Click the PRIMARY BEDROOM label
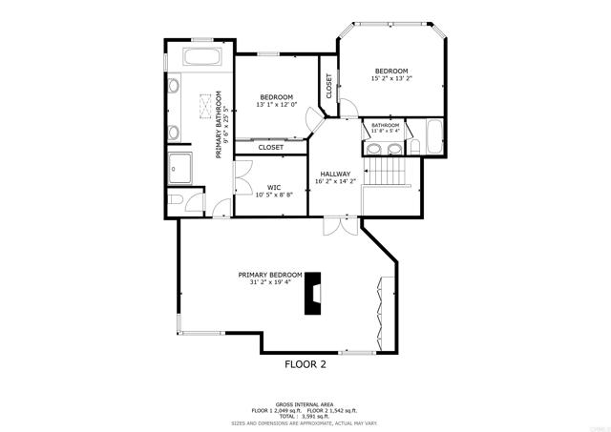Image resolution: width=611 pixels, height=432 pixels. [270, 275]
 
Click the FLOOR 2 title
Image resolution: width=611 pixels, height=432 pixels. [305, 364]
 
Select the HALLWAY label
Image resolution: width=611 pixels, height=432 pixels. [335, 174]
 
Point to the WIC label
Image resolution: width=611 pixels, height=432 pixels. [273, 187]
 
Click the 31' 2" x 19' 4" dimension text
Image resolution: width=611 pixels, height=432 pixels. [270, 282]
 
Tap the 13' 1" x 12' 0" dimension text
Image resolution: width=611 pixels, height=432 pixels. [277, 105]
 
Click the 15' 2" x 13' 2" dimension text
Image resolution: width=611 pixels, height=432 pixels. [390, 79]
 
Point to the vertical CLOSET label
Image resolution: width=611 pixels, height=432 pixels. [329, 87]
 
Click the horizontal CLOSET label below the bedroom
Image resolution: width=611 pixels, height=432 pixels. [270, 148]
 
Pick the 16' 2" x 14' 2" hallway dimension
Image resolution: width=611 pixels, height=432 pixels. [335, 181]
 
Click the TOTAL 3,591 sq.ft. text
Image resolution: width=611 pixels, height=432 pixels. [305, 416]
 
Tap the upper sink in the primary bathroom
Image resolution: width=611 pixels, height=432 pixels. [174, 88]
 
